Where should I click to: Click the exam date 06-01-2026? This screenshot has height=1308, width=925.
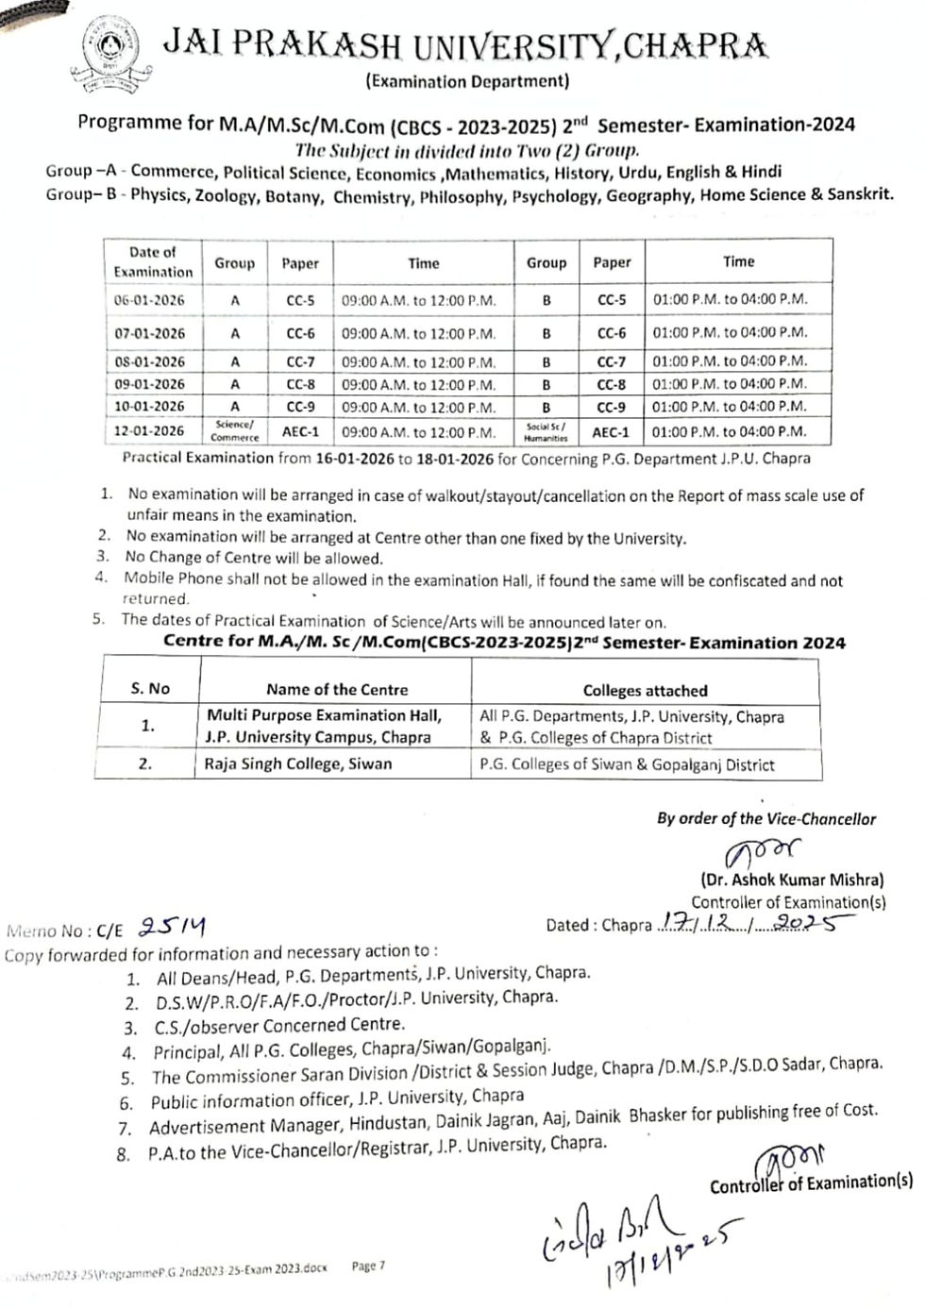(149, 300)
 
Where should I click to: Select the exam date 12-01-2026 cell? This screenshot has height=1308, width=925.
(149, 431)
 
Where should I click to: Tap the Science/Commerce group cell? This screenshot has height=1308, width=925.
(234, 431)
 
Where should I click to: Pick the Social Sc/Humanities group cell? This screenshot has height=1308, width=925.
(546, 432)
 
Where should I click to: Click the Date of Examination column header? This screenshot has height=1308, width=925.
(152, 261)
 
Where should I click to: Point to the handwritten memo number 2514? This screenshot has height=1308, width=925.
(173, 927)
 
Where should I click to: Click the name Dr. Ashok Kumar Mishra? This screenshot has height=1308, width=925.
(792, 880)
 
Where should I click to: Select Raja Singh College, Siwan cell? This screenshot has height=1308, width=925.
(298, 763)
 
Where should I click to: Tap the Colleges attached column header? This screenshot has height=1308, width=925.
(645, 690)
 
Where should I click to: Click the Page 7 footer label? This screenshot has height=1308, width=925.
(368, 1266)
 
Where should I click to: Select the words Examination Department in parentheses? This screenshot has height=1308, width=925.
(467, 81)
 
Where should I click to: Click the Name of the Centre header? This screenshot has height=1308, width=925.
(337, 689)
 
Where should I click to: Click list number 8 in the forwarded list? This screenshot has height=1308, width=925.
(124, 1154)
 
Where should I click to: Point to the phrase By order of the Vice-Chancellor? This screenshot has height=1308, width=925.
(766, 818)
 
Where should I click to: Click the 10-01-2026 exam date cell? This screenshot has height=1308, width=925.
(149, 407)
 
